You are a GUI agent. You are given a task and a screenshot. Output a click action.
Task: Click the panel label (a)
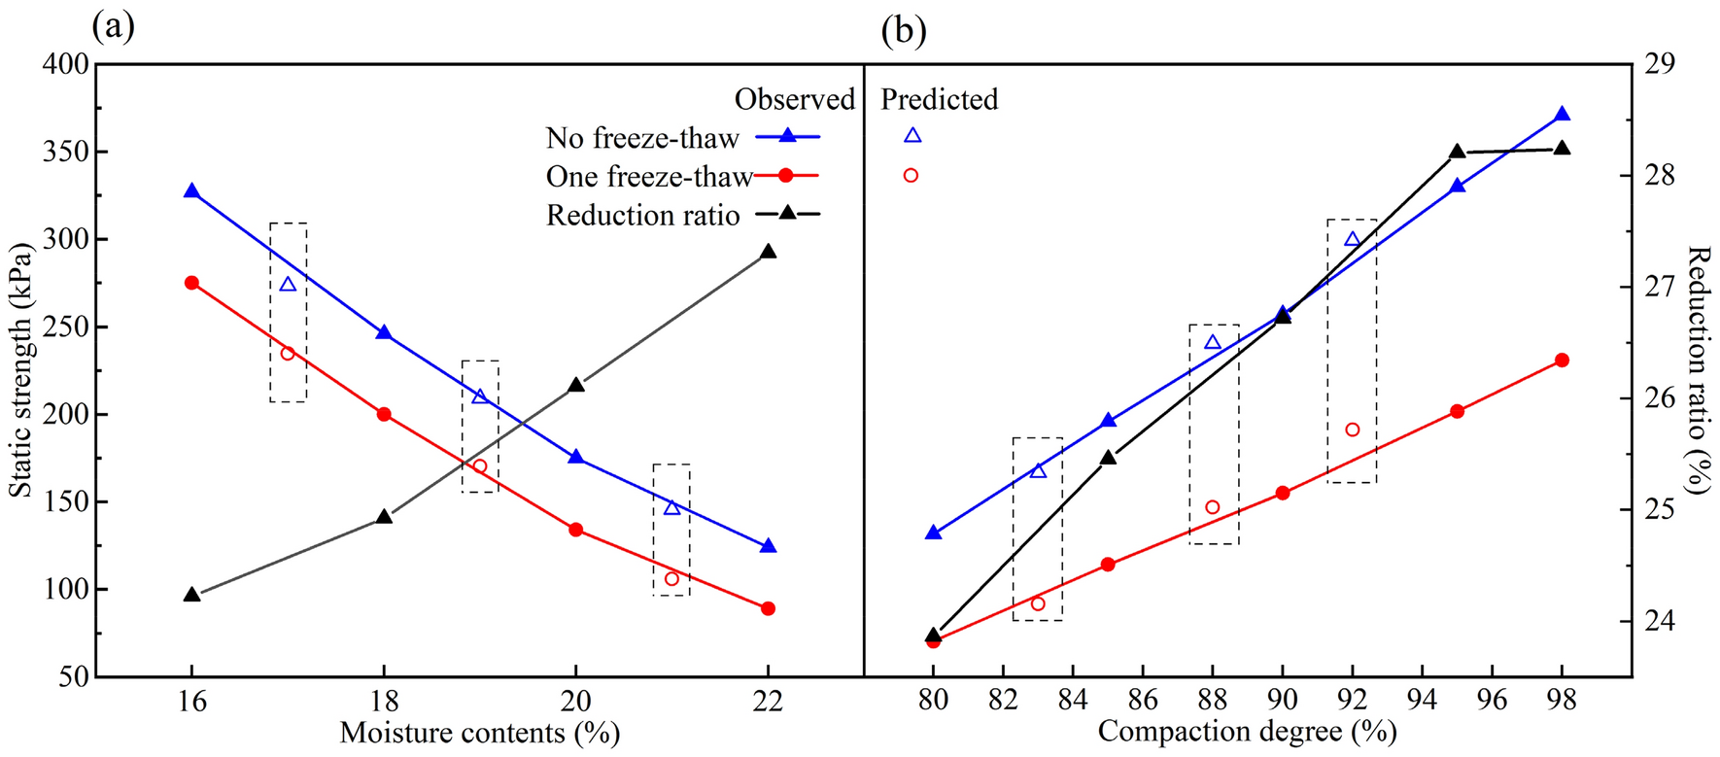113,26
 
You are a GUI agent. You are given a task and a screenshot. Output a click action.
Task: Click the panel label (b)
903,31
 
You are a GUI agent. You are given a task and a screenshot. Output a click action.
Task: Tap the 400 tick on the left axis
64,65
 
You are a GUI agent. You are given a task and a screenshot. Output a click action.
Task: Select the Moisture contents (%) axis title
479,733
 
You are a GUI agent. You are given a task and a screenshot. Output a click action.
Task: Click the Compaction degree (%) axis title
1247,731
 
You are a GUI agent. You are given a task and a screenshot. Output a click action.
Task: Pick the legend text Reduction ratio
642,215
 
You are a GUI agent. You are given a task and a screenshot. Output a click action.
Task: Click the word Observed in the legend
794,99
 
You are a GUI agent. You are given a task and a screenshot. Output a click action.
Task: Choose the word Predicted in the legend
939,99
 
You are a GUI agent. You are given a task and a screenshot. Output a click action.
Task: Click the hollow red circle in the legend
911,175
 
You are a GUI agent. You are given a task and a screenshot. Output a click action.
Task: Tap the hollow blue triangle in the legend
912,136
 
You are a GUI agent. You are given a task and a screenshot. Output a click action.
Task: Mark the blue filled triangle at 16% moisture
191,191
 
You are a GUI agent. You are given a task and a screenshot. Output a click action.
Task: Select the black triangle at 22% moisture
768,252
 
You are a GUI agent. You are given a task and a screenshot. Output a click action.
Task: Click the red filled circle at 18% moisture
384,414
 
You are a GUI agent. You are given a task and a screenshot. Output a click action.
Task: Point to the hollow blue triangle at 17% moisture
288,285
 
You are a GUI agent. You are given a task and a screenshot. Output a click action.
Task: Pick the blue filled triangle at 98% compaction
1562,115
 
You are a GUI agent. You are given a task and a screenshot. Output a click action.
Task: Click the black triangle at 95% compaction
1457,152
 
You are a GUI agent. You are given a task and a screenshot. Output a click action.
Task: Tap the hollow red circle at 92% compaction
1352,430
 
